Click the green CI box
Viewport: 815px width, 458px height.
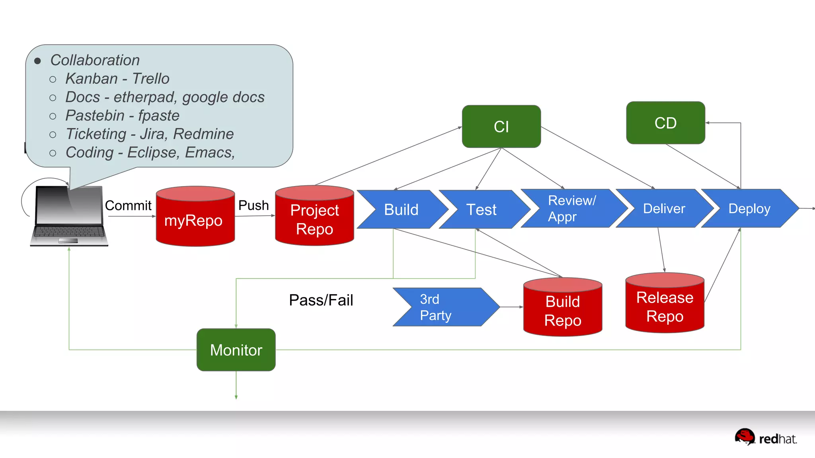pyautogui.click(x=501, y=126)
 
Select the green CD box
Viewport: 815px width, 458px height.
pyautogui.click(x=665, y=123)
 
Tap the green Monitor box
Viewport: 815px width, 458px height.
pyautogui.click(x=236, y=350)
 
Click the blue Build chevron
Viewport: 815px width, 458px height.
pyautogui.click(x=401, y=210)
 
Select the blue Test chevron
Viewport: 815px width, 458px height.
pyautogui.click(x=482, y=210)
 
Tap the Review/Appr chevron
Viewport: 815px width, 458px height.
pyautogui.click(x=571, y=208)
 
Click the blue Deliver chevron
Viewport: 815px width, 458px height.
pyautogui.click(x=664, y=208)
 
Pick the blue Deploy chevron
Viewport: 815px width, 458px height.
pyautogui.click(x=749, y=208)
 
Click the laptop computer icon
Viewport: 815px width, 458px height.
pyautogui.click(x=69, y=217)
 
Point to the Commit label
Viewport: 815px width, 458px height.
pyautogui.click(x=128, y=206)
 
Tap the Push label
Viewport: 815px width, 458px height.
pyautogui.click(x=253, y=205)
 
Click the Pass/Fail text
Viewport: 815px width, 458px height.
pyautogui.click(x=321, y=300)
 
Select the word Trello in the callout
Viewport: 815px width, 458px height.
pyautogui.click(x=151, y=79)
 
